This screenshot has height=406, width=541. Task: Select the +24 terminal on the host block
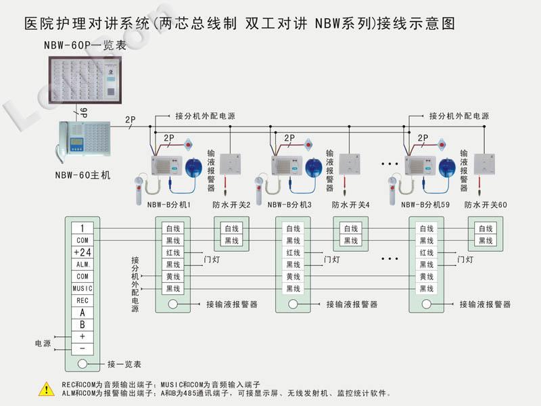[82, 252]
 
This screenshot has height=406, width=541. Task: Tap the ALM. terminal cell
[82, 264]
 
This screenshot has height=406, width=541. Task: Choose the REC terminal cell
[82, 300]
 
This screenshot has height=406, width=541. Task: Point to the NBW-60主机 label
[83, 175]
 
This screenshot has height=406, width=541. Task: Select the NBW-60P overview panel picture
[84, 76]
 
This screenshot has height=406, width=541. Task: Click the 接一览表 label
[124, 364]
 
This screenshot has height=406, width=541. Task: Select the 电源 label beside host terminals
[43, 343]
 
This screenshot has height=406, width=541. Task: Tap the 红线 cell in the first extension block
[173, 252]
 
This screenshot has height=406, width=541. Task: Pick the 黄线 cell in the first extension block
[173, 277]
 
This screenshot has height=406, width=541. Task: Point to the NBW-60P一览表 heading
[84, 45]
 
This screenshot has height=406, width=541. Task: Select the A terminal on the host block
[82, 313]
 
